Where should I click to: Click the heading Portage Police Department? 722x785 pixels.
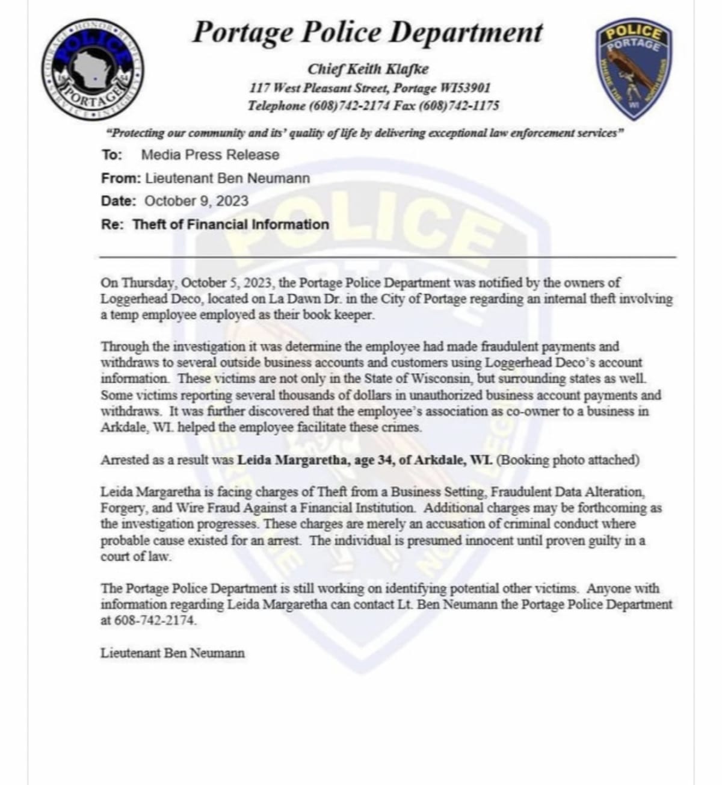pyautogui.click(x=367, y=33)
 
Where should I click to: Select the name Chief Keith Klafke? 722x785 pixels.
pyautogui.click(x=368, y=69)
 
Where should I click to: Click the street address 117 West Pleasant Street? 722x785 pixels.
pyautogui.click(x=319, y=88)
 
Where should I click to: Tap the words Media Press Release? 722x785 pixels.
pyautogui.click(x=210, y=155)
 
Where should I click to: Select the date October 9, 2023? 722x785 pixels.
pyautogui.click(x=196, y=201)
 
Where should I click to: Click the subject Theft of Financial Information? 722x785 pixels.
pyautogui.click(x=230, y=225)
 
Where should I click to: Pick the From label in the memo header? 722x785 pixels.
pyautogui.click(x=120, y=178)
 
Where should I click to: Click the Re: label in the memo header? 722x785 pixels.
pyautogui.click(x=113, y=225)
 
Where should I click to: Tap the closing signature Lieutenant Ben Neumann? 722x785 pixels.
pyautogui.click(x=173, y=653)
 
